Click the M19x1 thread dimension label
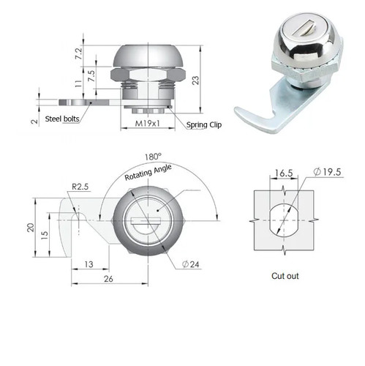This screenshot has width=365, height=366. pos(148,123)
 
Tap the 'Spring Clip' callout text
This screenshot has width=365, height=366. pos(204,124)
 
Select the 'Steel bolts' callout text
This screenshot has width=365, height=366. pos(62,119)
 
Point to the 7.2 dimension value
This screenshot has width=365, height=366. pos(79,53)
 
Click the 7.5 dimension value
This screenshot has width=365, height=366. pos(91,76)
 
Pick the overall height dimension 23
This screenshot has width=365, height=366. pos(195,81)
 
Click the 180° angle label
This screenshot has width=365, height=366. pos(153,157)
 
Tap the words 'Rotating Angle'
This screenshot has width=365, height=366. pos(148,172)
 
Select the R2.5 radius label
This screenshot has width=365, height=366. pos(80,187)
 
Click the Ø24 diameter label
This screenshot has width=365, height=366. pos(191,264)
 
